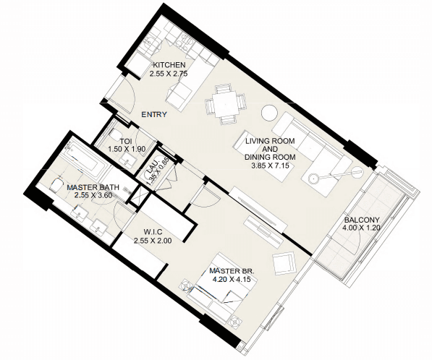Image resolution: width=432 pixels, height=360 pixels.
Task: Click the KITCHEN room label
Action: (x=169, y=65)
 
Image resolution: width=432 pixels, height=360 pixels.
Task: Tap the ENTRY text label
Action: (x=154, y=114)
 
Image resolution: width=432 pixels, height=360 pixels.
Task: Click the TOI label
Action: (x=126, y=141)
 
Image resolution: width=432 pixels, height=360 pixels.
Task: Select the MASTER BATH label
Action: (x=93, y=188)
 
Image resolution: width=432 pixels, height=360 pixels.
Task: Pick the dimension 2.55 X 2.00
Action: (x=153, y=241)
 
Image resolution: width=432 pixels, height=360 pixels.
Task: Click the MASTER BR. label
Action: (x=232, y=271)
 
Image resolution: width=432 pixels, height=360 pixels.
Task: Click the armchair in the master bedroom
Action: (x=284, y=262)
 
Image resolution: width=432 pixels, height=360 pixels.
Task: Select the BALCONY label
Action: (x=362, y=220)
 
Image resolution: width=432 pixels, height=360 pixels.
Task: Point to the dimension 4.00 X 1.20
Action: (x=361, y=228)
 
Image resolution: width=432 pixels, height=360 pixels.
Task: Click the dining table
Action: (x=225, y=105)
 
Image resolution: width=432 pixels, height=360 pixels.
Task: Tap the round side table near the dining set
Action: (x=269, y=113)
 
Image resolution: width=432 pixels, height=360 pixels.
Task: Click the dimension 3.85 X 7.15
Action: (x=270, y=166)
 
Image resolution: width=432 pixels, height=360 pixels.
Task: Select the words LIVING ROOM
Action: (x=270, y=141)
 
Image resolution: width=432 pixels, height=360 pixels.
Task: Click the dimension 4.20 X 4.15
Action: (x=231, y=279)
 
